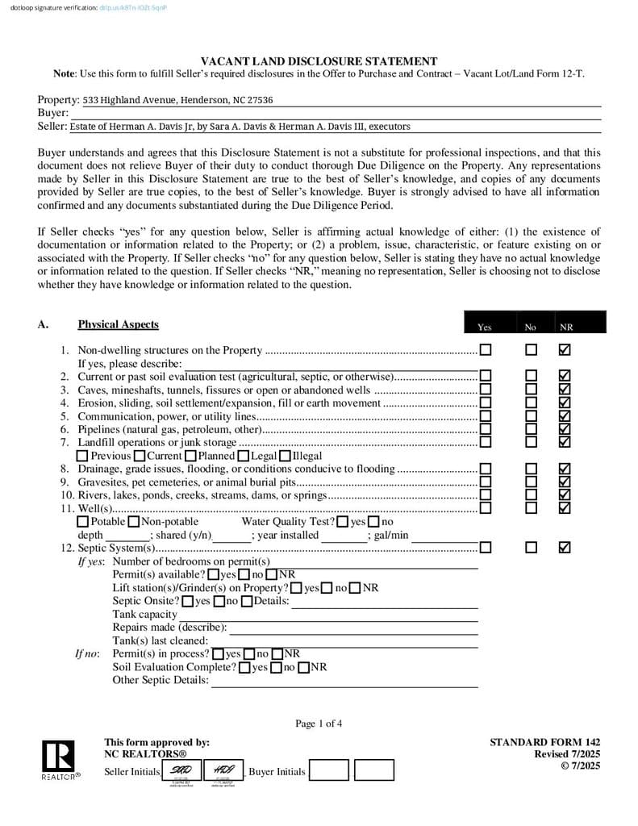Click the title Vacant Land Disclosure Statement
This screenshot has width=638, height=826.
pyautogui.click(x=319, y=61)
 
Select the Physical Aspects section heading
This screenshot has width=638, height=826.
pyautogui.click(x=118, y=324)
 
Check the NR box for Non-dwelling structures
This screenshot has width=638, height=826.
pyautogui.click(x=565, y=350)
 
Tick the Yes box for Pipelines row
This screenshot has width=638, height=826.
pyautogui.click(x=486, y=429)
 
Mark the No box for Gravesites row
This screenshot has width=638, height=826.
pyautogui.click(x=531, y=482)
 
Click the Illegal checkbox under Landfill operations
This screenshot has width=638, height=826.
pyautogui.click(x=284, y=456)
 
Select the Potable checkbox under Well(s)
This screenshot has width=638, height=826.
pyautogui.click(x=83, y=522)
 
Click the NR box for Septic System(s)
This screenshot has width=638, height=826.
pyautogui.click(x=565, y=548)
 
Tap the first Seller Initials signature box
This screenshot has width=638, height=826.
pyautogui.click(x=181, y=770)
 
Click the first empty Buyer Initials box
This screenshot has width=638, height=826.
pyautogui.click(x=329, y=771)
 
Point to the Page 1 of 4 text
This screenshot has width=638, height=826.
pyautogui.click(x=319, y=724)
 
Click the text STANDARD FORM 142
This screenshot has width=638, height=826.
pyautogui.click(x=544, y=742)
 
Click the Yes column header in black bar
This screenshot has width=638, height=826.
pyautogui.click(x=485, y=327)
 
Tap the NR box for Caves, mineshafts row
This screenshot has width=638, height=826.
pyautogui.click(x=565, y=390)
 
